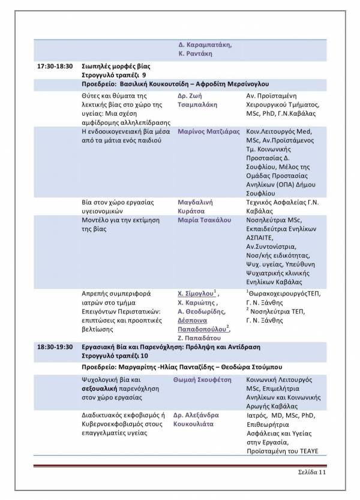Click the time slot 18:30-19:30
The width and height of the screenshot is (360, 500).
point(55,347)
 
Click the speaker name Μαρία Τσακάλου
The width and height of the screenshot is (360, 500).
point(205,220)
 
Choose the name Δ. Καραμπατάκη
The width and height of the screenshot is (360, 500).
point(205,45)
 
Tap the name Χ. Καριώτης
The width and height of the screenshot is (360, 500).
point(196,303)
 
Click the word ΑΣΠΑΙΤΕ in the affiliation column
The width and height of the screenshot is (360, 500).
point(261,238)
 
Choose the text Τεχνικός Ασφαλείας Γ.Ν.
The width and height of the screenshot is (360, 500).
point(282,202)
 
